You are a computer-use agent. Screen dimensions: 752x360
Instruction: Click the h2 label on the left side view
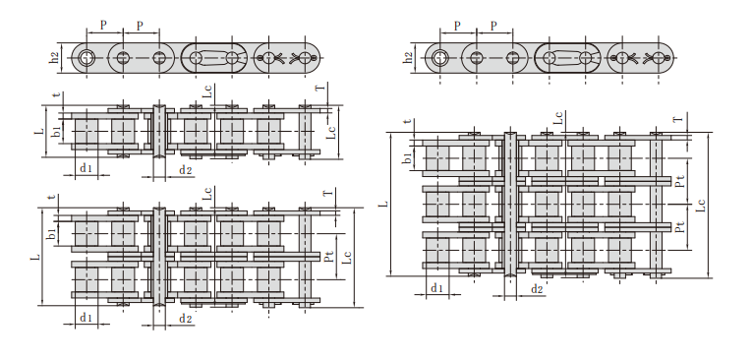tap(56, 58)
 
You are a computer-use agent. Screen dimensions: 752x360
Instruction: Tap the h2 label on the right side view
tap(409, 58)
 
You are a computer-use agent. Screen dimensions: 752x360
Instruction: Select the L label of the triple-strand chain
tap(382, 204)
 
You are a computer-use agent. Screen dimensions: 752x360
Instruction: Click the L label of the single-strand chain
tap(39, 130)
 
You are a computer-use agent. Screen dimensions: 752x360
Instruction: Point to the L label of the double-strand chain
tap(35, 258)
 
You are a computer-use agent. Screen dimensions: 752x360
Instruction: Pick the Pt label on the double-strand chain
tap(328, 257)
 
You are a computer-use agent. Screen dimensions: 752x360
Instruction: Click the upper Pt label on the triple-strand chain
tap(679, 181)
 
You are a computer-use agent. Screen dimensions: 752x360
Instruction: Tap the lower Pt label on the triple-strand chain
tap(679, 226)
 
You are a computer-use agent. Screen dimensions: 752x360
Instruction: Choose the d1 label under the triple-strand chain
tap(436, 288)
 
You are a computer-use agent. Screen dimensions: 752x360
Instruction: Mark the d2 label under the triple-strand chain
tap(537, 289)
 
